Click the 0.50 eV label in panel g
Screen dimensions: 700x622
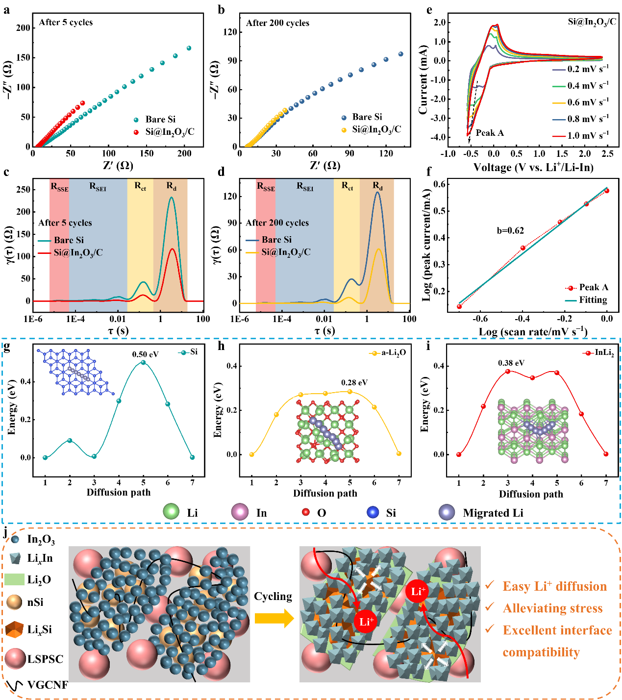coord(146,354)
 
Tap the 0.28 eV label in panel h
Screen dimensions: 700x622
coord(354,383)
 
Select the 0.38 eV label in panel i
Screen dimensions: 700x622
coord(511,363)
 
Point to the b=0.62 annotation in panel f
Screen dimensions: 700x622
coord(510,231)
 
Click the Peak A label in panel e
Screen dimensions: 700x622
coord(490,133)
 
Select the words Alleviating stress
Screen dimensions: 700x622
coord(552,608)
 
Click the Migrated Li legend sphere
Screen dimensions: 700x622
coord(447,512)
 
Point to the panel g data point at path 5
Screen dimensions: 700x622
coord(143,363)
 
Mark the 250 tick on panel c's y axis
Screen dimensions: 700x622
coord(24,189)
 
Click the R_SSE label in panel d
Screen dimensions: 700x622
coord(266,187)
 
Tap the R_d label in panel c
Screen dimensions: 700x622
coord(171,186)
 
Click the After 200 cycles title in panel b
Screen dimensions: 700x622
coord(277,23)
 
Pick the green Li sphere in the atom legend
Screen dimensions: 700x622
coord(172,511)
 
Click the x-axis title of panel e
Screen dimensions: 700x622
coord(533,168)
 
